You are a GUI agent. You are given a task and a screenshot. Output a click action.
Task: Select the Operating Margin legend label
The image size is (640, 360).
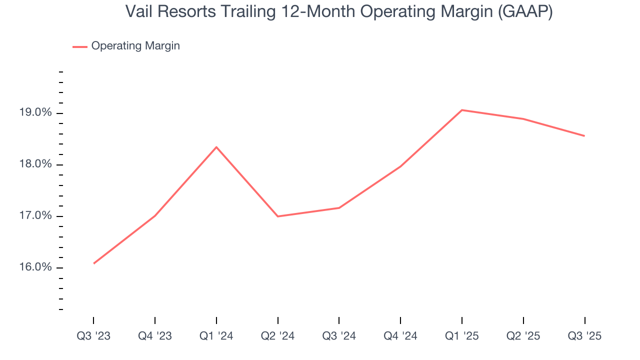pos(135,46)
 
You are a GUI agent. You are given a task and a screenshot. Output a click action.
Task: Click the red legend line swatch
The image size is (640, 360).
pos(80,46)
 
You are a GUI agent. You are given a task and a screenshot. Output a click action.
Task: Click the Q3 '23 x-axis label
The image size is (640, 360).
pos(93,336)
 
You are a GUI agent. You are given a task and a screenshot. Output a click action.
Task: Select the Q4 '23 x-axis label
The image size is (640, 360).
pos(155,336)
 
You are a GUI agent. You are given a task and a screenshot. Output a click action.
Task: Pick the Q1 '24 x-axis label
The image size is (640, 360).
pos(216,336)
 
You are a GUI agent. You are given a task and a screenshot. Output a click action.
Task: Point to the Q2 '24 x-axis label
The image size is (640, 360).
pos(278,336)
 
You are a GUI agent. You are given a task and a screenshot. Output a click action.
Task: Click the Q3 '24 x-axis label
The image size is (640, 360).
pos(339,336)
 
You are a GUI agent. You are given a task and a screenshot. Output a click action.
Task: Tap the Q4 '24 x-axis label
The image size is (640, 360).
pos(400,336)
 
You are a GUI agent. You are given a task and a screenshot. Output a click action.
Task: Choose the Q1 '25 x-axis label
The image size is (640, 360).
pos(462,336)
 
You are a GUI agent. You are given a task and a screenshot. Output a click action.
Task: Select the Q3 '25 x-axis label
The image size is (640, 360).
pos(584,336)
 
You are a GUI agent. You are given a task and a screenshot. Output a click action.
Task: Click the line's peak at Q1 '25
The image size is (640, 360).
pos(462,110)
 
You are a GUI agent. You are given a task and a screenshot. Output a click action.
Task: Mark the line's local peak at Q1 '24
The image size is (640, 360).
pos(216,147)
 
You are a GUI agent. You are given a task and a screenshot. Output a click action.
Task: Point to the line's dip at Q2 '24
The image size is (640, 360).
pos(278,216)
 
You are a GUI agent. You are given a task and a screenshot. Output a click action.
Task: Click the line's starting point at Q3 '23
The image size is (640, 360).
pos(94,263)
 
